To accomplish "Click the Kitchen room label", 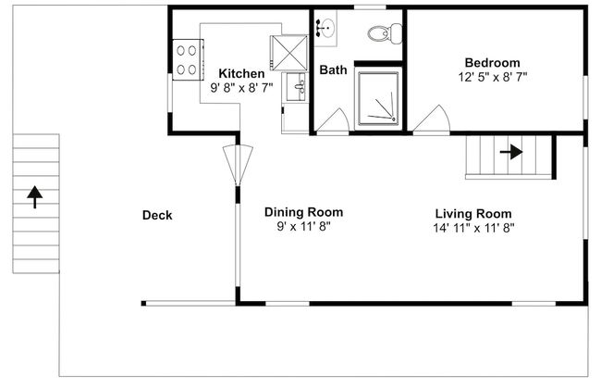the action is [241, 73].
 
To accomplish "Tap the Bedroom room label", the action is [492, 63].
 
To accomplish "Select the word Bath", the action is [333, 69].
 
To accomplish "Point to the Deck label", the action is [157, 215].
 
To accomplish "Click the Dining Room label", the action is [303, 212].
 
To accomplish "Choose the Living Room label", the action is [473, 214].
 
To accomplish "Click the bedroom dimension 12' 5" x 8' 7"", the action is [493, 77].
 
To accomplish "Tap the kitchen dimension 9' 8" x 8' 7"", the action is [241, 88].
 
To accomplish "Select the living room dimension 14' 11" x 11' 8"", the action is [473, 228].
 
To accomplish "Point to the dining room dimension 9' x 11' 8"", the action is [303, 227].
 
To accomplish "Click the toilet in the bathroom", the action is [385, 33].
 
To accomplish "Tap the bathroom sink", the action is [325, 28].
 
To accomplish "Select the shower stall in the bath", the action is [378, 99].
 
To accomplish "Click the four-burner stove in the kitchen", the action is [188, 60].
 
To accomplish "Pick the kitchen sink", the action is [296, 87].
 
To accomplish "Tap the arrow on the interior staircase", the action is [511, 152].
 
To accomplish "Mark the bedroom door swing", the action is [432, 120].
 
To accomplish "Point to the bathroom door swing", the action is [333, 121].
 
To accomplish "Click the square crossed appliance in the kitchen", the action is [289, 53].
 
